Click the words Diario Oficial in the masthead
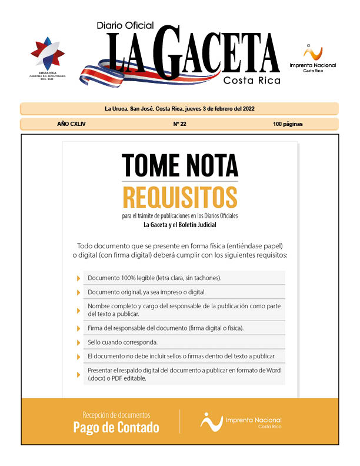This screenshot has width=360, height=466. coord(125,25)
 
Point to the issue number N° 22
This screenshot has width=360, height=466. coord(179,124)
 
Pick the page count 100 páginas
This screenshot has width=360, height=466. coord(288,124)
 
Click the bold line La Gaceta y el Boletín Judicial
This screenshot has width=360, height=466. coord(179,225)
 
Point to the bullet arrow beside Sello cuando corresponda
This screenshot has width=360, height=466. coord(78,342)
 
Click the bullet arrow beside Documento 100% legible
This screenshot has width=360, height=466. coord(78,278)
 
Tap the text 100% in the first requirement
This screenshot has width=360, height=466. coord(129,278)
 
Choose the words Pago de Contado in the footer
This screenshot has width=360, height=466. coord(116,428)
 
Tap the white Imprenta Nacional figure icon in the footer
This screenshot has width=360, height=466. coord(211,421)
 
